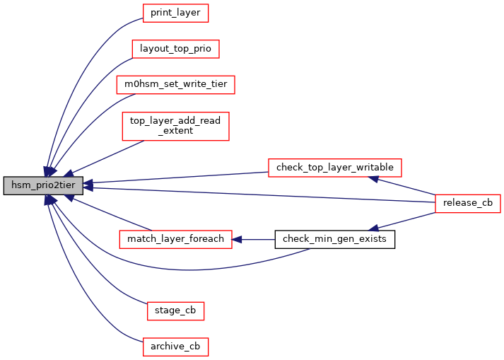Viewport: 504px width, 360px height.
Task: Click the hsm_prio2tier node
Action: [44, 186]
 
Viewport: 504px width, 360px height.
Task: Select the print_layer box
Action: [176, 13]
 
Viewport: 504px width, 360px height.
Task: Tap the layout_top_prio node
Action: [176, 49]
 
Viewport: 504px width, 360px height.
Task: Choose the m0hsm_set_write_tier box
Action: [175, 85]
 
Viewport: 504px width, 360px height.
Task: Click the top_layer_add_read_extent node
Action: [175, 126]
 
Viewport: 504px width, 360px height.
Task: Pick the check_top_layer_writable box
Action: [335, 168]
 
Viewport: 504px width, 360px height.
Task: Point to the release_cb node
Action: [468, 204]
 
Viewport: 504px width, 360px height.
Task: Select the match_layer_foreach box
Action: [175, 239]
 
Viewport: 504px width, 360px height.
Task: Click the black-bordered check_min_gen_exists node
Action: [334, 239]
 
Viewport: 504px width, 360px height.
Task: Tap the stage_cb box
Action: [175, 310]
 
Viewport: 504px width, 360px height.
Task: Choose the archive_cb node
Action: [175, 347]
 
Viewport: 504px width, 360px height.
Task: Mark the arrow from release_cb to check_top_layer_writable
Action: [406, 185]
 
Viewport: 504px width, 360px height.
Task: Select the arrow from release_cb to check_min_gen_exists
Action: [406, 221]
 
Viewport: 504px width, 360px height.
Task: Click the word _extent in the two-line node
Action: [175, 131]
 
